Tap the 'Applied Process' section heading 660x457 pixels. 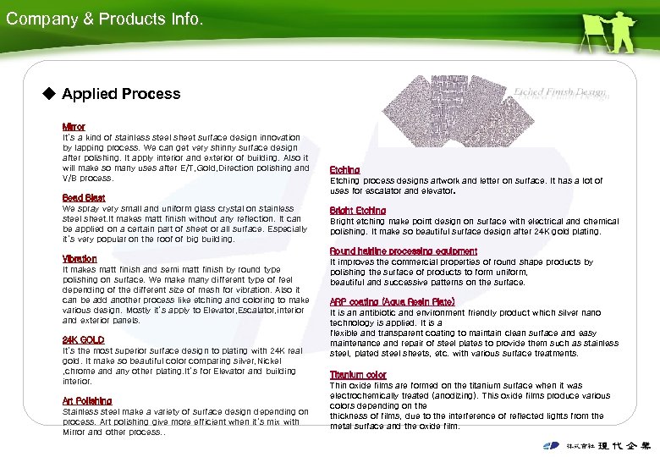[121, 94]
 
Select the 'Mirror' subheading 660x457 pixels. [74, 126]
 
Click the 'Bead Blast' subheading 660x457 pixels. [84, 198]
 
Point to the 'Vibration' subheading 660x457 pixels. [80, 258]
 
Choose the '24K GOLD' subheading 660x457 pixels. [84, 339]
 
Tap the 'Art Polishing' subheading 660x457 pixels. [87, 400]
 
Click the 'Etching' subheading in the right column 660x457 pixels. [344, 169]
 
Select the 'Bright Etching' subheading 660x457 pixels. [358, 210]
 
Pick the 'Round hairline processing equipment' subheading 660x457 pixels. [404, 251]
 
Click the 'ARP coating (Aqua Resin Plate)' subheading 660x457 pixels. [392, 301]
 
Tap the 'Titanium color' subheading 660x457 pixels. [358, 374]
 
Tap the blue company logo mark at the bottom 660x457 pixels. [551, 445]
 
